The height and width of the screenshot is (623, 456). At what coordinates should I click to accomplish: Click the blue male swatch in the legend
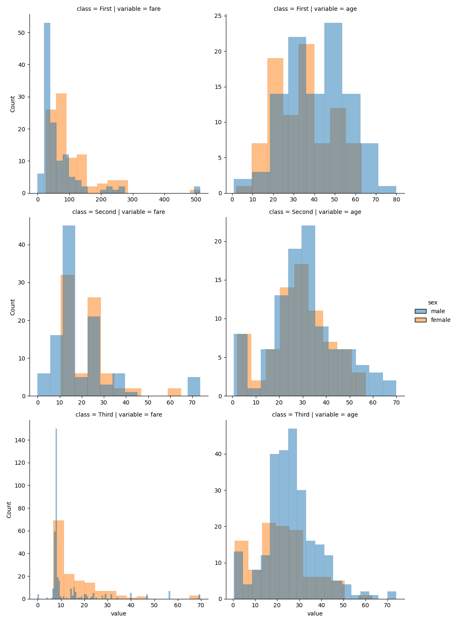pyautogui.click(x=420, y=311)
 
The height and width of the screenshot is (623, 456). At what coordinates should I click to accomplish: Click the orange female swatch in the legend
pyautogui.click(x=420, y=320)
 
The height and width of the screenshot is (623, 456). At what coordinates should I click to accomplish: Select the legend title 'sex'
pyautogui.click(x=432, y=302)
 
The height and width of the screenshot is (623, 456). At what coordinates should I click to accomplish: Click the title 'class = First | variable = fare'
pyautogui.click(x=118, y=9)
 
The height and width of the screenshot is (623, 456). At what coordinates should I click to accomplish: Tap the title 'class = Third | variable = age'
pyautogui.click(x=315, y=415)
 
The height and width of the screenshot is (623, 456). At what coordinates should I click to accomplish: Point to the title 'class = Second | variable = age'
pyautogui.click(x=315, y=212)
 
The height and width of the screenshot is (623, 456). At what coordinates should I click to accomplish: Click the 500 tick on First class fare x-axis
pyautogui.click(x=196, y=199)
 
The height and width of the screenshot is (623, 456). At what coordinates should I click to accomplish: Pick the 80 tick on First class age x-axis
pyautogui.click(x=396, y=199)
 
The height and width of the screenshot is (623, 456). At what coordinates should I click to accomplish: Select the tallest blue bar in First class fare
pyautogui.click(x=47, y=108)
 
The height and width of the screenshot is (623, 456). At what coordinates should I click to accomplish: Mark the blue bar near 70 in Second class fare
pyautogui.click(x=194, y=386)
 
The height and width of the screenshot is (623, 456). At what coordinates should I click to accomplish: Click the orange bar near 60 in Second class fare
pyautogui.click(x=174, y=392)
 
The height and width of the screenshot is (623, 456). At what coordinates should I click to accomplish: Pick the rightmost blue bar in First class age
pyautogui.click(x=387, y=189)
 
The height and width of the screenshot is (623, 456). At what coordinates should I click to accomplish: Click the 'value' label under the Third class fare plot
pyautogui.click(x=118, y=613)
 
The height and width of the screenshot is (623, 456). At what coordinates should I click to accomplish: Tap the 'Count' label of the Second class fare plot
pyautogui.click(x=12, y=307)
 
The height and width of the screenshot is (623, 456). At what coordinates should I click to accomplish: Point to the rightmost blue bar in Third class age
pyautogui.click(x=392, y=595)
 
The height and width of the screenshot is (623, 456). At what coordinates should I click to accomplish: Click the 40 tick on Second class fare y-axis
pyautogui.click(x=22, y=245)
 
